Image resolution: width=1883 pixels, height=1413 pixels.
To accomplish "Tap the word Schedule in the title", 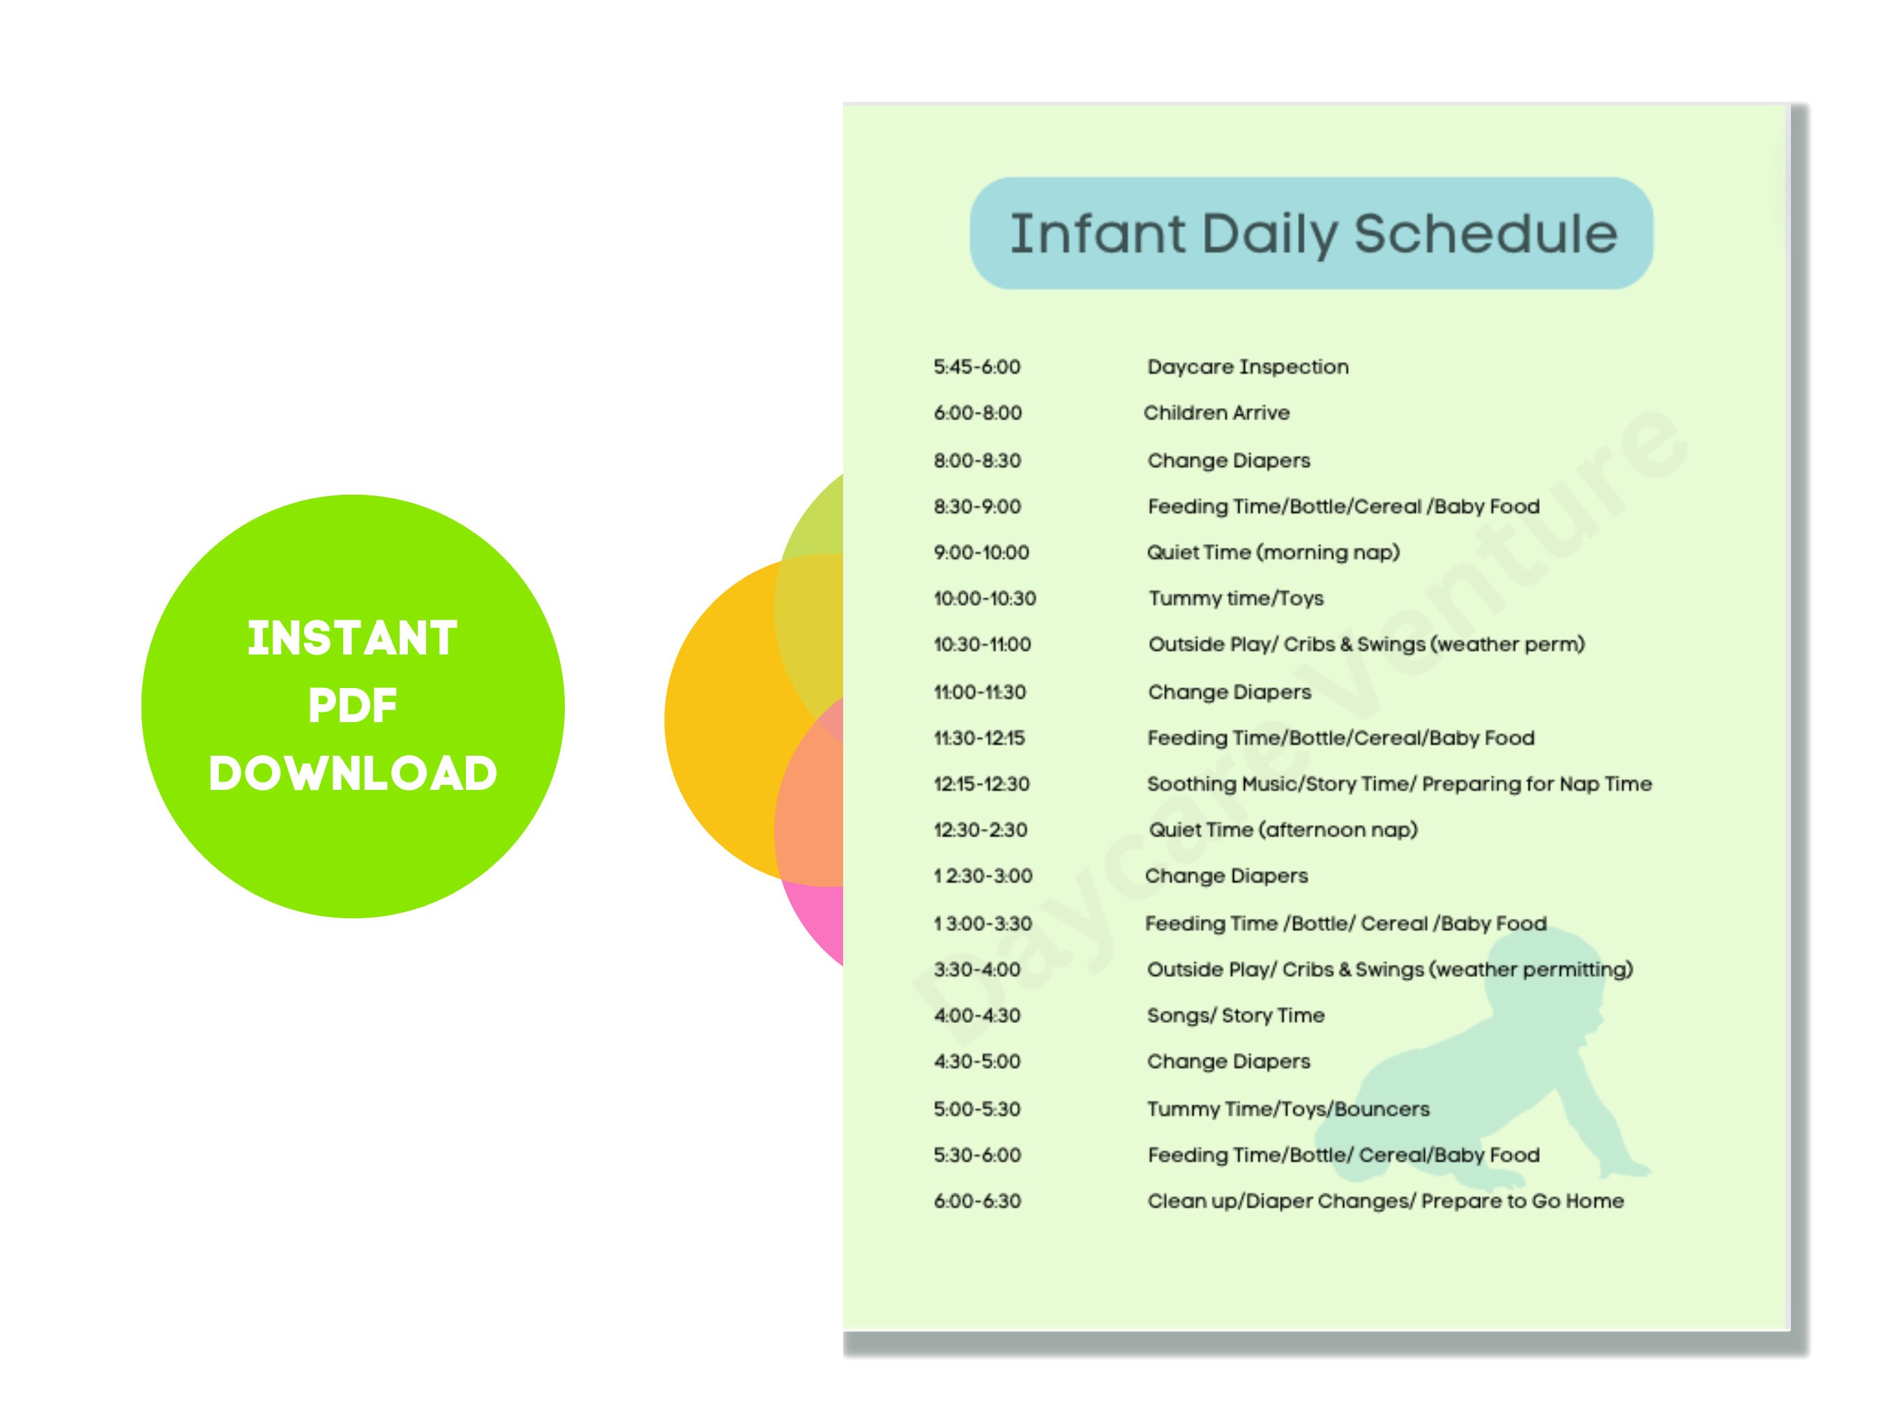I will coord(1485,234).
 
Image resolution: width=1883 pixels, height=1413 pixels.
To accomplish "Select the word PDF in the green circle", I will coord(352,706).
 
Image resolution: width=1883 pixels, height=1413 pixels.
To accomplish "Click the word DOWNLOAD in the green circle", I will coord(352,773).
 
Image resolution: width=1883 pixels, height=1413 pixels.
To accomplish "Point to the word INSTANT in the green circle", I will coord(352,638).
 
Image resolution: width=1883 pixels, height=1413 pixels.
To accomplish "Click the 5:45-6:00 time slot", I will coord(976,367).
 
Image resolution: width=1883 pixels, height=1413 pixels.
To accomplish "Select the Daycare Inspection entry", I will coord(1247,367).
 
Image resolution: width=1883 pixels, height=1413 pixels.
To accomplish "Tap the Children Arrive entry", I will coord(1216,413).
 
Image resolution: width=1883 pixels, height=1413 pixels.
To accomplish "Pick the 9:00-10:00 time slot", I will coord(981,553).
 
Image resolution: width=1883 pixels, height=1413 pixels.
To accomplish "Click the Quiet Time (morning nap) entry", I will coord(1273,553).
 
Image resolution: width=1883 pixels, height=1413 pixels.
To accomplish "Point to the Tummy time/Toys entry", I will coord(1235,599).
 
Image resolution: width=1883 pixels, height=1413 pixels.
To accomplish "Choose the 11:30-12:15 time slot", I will coord(979,738).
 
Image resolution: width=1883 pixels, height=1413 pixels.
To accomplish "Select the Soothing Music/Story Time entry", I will coord(1398,784).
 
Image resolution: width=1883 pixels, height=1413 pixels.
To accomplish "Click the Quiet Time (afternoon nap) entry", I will coord(1283,830).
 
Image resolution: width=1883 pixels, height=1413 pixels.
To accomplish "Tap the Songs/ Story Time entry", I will coord(1235,1015).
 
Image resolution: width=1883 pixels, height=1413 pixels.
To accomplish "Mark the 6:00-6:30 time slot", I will coord(976,1201).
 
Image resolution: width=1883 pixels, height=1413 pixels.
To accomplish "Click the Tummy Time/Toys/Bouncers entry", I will coord(1287,1109).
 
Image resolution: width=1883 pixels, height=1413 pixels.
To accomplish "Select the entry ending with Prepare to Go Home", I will coord(1385,1201).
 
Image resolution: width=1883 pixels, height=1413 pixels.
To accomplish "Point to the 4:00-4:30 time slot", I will coord(976,1015).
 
